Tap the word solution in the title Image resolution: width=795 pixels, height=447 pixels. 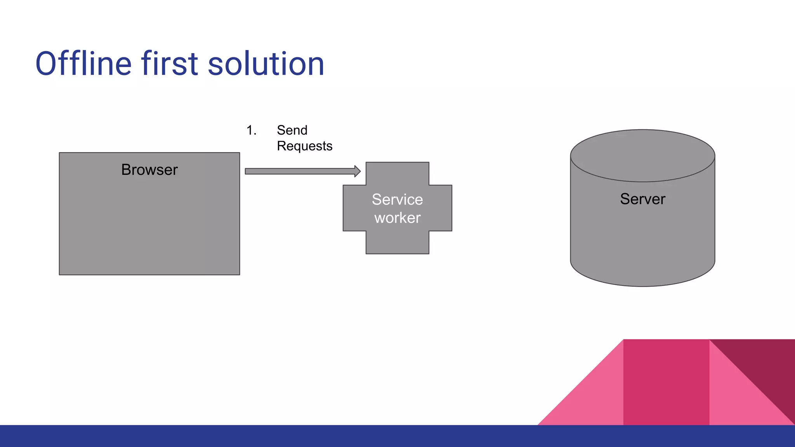click(266, 64)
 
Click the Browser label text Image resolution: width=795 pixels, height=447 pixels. click(149, 170)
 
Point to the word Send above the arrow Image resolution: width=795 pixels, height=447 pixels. click(292, 130)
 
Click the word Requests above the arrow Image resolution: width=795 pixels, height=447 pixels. click(305, 146)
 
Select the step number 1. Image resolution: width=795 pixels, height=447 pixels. click(251, 130)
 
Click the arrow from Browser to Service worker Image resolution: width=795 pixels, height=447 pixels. click(299, 171)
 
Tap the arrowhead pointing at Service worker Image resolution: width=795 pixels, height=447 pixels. click(357, 171)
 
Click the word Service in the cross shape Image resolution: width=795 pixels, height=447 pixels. click(397, 199)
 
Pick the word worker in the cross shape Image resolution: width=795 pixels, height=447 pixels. click(397, 218)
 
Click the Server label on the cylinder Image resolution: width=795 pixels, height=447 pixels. click(642, 199)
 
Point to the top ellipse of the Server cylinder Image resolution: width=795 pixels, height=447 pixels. click(642, 155)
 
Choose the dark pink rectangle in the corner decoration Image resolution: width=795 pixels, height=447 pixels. click(666, 382)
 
